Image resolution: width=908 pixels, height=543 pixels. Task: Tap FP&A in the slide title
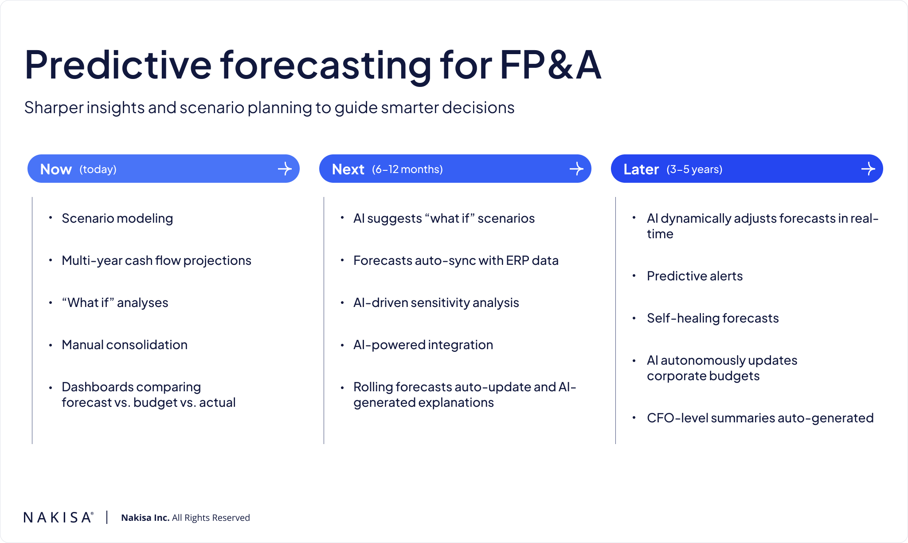click(551, 65)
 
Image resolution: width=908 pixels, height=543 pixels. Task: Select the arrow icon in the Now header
click(285, 169)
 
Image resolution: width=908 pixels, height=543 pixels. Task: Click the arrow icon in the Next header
click(576, 169)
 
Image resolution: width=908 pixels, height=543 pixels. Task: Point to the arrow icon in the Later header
click(868, 169)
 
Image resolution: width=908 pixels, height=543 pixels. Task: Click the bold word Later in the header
click(641, 169)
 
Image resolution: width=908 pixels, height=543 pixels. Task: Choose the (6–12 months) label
click(407, 169)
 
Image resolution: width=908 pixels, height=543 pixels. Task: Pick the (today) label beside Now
click(98, 169)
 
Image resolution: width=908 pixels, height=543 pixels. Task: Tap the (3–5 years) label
click(694, 169)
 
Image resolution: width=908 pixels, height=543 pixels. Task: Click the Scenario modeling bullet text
click(117, 218)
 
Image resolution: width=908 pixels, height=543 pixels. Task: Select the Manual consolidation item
click(125, 345)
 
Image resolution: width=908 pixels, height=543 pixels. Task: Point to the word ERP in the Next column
click(517, 260)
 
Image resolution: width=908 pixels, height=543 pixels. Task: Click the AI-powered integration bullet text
click(423, 345)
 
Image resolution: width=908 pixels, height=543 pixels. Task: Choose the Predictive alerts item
click(695, 276)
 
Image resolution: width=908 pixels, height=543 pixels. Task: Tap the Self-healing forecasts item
click(712, 318)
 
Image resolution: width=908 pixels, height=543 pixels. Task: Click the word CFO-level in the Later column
click(677, 418)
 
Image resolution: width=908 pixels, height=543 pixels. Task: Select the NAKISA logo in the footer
click(59, 517)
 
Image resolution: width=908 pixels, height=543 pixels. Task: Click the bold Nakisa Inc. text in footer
click(145, 518)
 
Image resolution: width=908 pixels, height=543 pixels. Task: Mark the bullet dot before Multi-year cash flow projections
click(51, 260)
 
